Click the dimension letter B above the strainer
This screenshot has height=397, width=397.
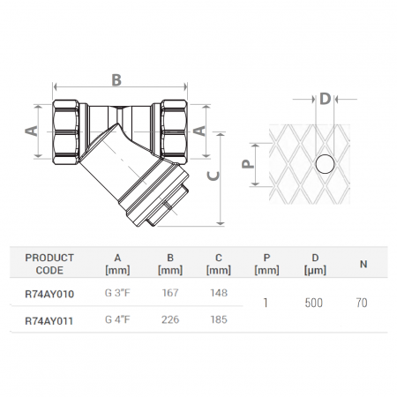pos(116,79)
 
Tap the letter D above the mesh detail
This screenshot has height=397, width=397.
pos(325,98)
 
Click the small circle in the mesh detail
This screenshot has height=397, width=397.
pos(324,164)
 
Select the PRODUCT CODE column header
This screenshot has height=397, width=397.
pos(49,263)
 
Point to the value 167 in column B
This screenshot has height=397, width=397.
pos(171,291)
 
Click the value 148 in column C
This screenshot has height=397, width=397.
pos(220,291)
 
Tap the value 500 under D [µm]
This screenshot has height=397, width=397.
pos(312,303)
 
